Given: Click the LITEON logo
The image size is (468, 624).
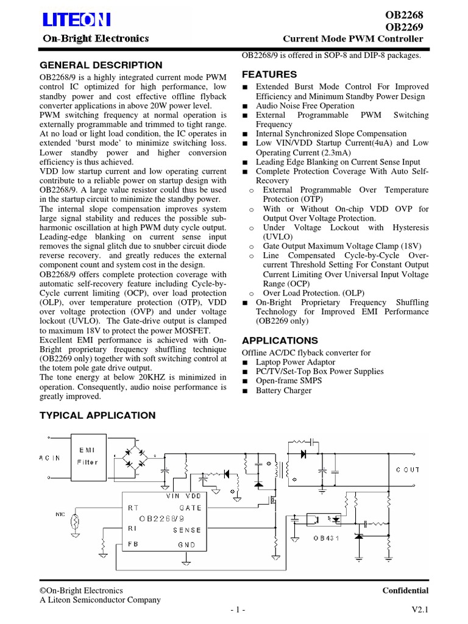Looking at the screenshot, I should [76, 21].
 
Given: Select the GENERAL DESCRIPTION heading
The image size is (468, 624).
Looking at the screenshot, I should [101, 65].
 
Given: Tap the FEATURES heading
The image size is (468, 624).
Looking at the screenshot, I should [270, 74].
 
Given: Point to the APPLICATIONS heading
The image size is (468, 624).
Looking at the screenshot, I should [280, 340].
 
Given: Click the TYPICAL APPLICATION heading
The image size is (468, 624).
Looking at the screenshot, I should [97, 416].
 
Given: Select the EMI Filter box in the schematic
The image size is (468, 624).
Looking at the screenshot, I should [87, 456].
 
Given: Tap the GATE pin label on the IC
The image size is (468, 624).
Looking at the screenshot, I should [190, 507].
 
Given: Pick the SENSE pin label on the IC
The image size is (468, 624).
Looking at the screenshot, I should [186, 530].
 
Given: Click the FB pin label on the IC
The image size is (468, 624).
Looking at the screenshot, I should [133, 544].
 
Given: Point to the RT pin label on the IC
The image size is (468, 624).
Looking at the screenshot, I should [133, 507].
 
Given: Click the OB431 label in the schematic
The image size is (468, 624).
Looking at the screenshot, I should [326, 538].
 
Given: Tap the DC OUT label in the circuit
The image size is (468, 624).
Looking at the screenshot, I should [408, 469].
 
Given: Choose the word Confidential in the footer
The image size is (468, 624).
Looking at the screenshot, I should [405, 590].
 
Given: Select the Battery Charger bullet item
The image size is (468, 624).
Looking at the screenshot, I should [283, 391].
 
